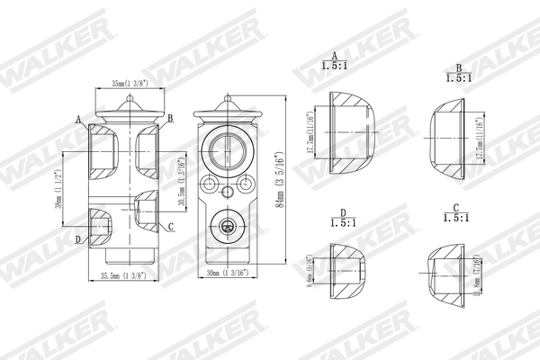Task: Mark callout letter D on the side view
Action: (78, 238)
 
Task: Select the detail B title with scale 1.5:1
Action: (458, 73)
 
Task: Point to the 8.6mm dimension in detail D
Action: (310, 270)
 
